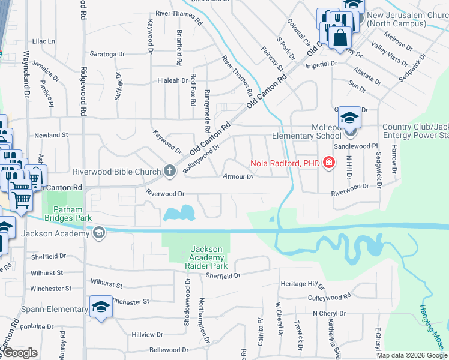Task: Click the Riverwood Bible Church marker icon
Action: pyautogui.click(x=169, y=172)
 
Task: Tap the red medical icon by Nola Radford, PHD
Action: pyautogui.click(x=328, y=162)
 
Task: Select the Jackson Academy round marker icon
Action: pyautogui.click(x=99, y=233)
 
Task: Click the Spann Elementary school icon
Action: pyautogui.click(x=101, y=308)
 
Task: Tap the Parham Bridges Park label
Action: pyautogui.click(x=68, y=214)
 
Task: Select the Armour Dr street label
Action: pyautogui.click(x=239, y=176)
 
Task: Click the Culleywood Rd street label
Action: pyautogui.click(x=329, y=298)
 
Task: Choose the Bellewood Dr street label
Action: pyautogui.click(x=164, y=349)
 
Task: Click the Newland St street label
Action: pyautogui.click(x=51, y=136)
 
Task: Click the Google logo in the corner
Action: pyautogui.click(x=19, y=353)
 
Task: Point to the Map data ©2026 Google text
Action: pyautogui.click(x=412, y=355)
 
